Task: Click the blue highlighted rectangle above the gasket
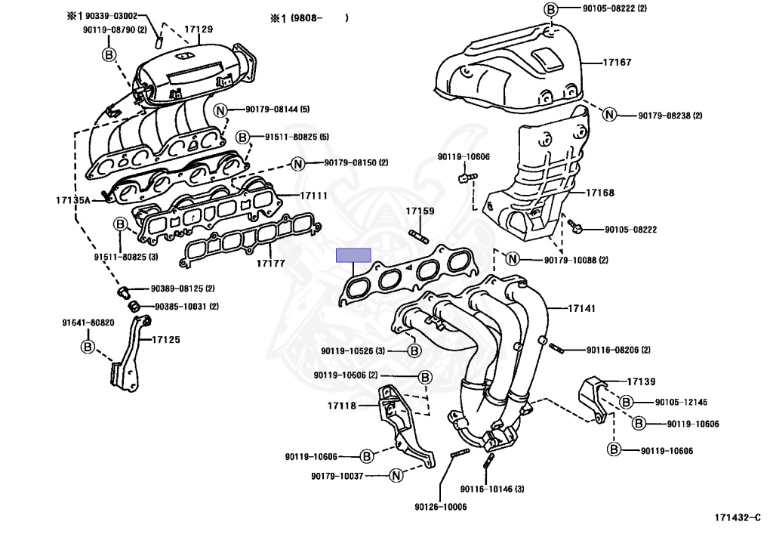pos(354,255)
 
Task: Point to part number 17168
pos(600,193)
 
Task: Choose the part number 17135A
pos(72,200)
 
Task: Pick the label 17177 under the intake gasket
pos(270,264)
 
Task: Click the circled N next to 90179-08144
pos(221,110)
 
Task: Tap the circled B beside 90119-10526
pos(414,350)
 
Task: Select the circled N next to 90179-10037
pos(395,475)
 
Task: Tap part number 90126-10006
pos(440,507)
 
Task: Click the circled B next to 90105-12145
pos(627,402)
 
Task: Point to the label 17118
pos(342,406)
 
